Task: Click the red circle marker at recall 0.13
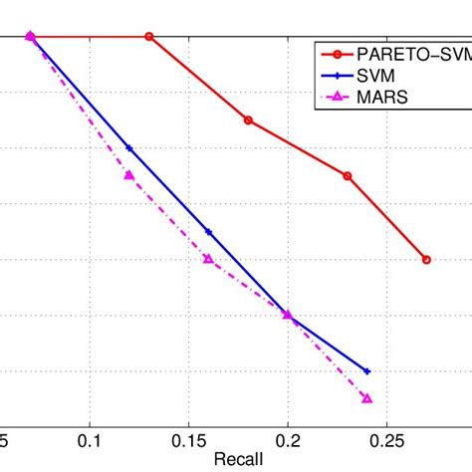point(149,37)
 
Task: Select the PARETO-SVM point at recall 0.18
point(248,120)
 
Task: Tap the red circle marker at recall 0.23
point(348,176)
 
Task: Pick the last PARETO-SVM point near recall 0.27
point(426,259)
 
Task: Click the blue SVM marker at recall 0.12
point(129,148)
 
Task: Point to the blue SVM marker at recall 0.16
point(208,232)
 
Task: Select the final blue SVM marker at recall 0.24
point(367,371)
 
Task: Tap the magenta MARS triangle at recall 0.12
point(129,175)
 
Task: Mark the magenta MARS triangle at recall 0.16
point(208,259)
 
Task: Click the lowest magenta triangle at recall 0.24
point(367,398)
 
